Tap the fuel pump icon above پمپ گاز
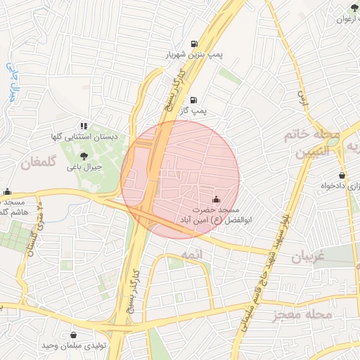193,100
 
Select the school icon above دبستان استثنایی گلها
84,127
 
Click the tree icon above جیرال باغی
84,156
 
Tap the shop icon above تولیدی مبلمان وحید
75,335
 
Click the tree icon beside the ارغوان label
354,8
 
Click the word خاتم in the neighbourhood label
298,133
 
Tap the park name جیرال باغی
84,168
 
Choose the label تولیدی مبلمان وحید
75,347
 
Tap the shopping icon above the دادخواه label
342,175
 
